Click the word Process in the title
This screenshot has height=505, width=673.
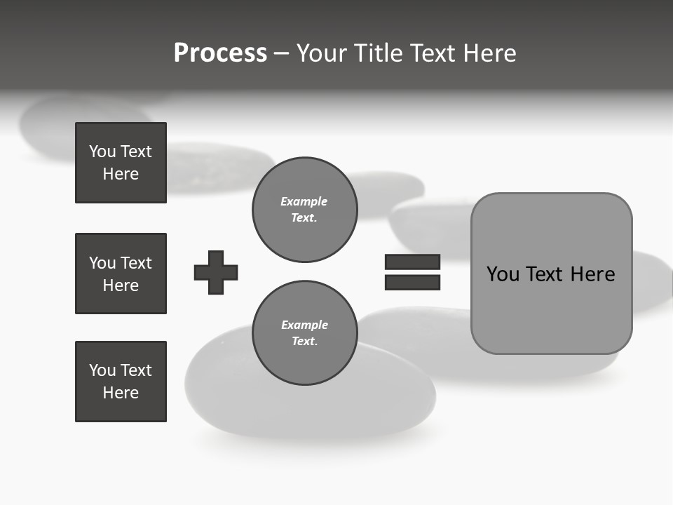220,53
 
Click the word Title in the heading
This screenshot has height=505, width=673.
378,53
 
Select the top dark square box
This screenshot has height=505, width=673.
121,163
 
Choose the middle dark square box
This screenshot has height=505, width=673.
121,274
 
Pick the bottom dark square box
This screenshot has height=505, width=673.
121,382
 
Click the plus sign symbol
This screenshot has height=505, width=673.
216,272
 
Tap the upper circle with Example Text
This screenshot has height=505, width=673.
304,210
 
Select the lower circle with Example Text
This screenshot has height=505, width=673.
304,333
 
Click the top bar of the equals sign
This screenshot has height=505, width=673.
412,262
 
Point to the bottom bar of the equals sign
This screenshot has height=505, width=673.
412,282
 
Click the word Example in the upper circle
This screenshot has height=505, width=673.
304,201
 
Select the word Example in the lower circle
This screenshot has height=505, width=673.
304,325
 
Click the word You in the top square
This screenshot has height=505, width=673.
102,151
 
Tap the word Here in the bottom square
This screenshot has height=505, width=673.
121,393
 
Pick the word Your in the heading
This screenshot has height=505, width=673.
321,53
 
